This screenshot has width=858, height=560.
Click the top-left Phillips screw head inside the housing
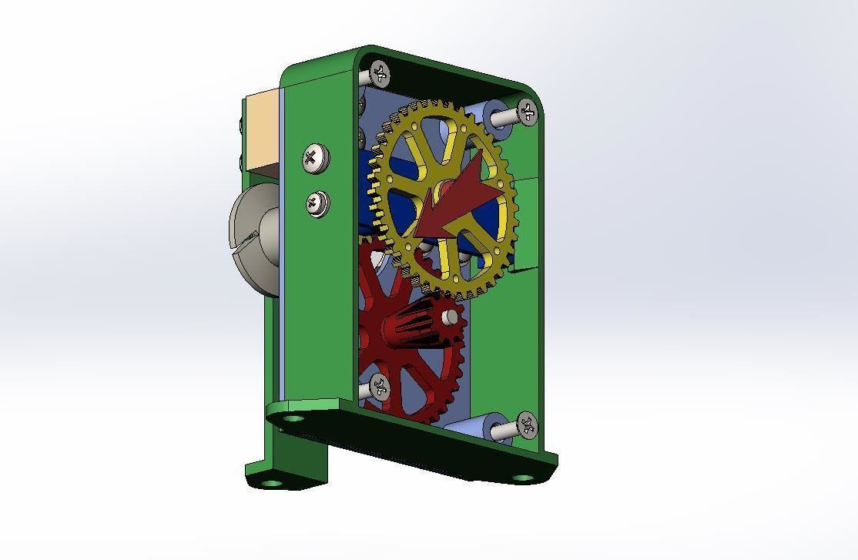[380, 73]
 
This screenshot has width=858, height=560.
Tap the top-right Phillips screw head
[527, 112]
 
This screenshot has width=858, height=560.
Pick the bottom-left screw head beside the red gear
[378, 385]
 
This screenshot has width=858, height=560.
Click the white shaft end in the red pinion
[451, 316]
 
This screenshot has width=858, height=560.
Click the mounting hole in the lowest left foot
[271, 483]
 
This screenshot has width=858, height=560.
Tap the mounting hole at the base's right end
[521, 478]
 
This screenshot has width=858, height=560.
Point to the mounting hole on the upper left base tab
[292, 418]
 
